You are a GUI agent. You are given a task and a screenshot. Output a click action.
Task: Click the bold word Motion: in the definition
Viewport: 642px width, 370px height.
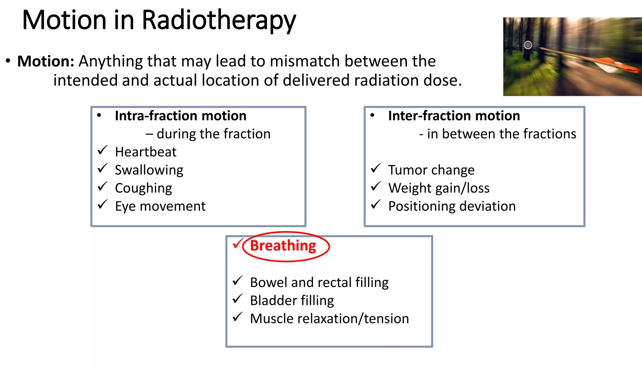pos(46,61)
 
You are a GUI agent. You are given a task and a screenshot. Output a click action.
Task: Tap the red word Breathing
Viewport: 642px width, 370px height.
pos(283,246)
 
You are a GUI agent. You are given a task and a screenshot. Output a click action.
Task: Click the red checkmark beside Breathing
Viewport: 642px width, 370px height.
pos(238,244)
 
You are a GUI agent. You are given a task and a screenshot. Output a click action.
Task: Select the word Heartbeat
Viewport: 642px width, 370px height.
pos(145,152)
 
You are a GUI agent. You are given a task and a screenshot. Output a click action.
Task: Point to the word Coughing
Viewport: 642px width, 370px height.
pos(144,188)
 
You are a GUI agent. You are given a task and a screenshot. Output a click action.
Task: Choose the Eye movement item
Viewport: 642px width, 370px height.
pos(160,207)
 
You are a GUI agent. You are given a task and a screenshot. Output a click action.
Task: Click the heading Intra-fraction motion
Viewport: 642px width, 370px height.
pos(181,116)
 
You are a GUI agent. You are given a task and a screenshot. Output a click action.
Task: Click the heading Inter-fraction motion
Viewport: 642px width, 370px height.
pos(454,116)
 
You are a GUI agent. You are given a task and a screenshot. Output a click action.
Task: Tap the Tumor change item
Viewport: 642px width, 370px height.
pos(431,170)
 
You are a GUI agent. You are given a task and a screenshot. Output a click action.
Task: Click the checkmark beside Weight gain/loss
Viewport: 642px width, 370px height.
pos(376,187)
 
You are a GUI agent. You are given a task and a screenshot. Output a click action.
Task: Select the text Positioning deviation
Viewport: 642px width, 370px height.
pos(452,207)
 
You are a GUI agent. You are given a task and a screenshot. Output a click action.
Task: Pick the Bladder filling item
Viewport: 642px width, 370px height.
pos(292,301)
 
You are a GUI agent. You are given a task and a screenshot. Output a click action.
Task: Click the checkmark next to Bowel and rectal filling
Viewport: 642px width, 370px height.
pos(238,281)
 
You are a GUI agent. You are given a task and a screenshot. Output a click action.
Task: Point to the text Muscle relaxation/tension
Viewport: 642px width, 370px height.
pos(329,319)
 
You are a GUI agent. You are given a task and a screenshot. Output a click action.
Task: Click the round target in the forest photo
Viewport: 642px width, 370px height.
pos(528,45)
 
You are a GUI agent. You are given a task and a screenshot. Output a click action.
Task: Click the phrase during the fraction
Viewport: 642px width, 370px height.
pos(213,134)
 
